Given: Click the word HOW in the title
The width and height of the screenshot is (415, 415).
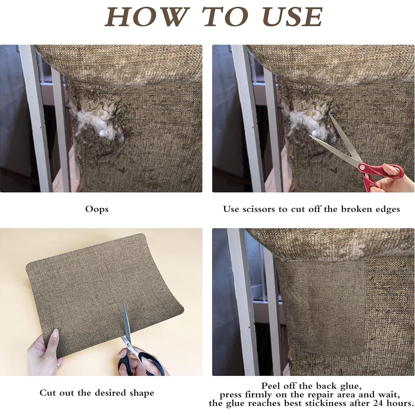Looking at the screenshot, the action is tap(146, 17).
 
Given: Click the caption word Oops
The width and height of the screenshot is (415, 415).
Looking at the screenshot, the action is tap(97, 209).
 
